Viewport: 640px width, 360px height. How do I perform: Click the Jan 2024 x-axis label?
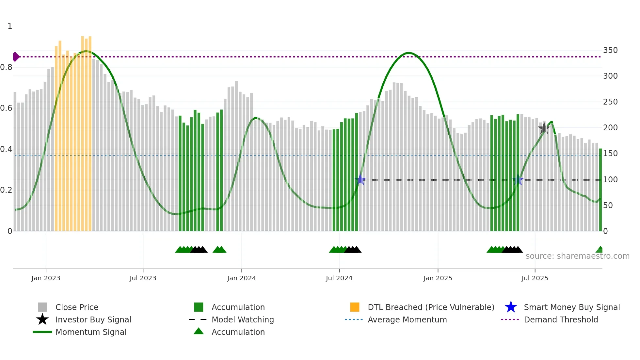pos(241,278)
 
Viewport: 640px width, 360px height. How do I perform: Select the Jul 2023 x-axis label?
pos(143,278)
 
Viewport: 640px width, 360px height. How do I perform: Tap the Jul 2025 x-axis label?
pos(535,278)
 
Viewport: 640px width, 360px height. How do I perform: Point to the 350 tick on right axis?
pos(610,50)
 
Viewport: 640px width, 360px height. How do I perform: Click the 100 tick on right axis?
pos(610,180)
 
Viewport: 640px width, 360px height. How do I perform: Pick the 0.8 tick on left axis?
pos(6,67)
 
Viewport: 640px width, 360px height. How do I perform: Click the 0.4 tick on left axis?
pos(6,149)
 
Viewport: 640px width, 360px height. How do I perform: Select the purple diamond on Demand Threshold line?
pos(16,57)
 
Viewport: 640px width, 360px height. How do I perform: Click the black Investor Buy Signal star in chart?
pos(544,128)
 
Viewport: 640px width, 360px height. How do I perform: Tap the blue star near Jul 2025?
pos(518,180)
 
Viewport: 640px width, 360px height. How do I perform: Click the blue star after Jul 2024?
pos(360,179)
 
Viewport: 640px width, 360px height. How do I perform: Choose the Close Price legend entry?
pos(77,307)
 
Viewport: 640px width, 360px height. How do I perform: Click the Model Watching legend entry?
pos(243,319)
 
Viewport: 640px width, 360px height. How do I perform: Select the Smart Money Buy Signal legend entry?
pos(571,307)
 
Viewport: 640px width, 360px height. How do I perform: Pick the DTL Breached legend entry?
pos(431,307)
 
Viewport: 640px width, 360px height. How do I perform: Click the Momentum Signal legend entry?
pos(91,332)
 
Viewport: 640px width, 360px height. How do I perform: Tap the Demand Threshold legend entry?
pos(561,319)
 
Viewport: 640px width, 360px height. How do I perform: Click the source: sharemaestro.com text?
pos(577,256)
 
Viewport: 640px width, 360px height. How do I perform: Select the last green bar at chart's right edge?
pos(600,189)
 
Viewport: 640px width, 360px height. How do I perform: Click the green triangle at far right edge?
pos(600,250)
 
